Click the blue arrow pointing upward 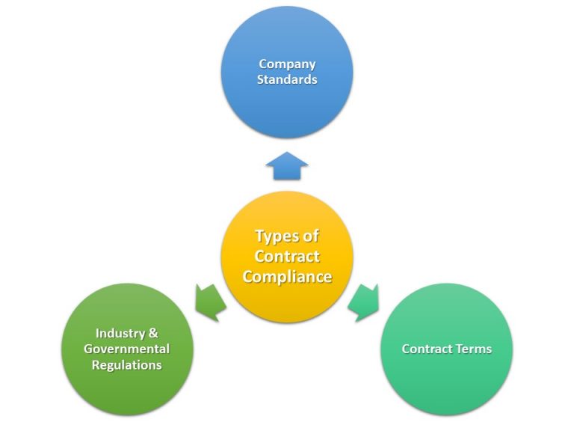(287, 166)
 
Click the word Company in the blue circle (287, 64)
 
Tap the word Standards (287, 79)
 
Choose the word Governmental (127, 349)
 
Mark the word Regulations (127, 365)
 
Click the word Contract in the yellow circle (287, 257)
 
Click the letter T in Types (260, 236)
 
